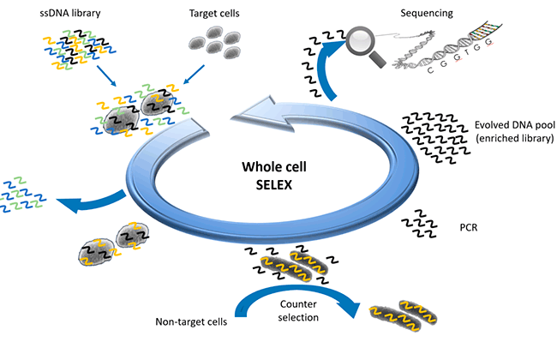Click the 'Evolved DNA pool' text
[x=513, y=124]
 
